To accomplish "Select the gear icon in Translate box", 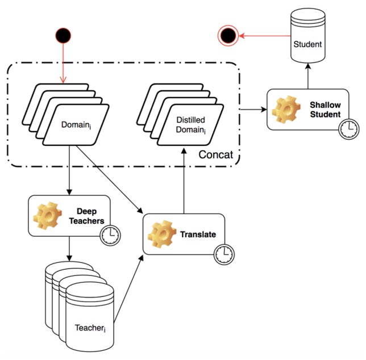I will point(160,234).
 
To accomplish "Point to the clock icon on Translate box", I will point(223,254).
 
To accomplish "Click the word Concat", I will point(217,154).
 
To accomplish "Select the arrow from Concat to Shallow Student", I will point(253,110).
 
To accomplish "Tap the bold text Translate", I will point(198,234).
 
